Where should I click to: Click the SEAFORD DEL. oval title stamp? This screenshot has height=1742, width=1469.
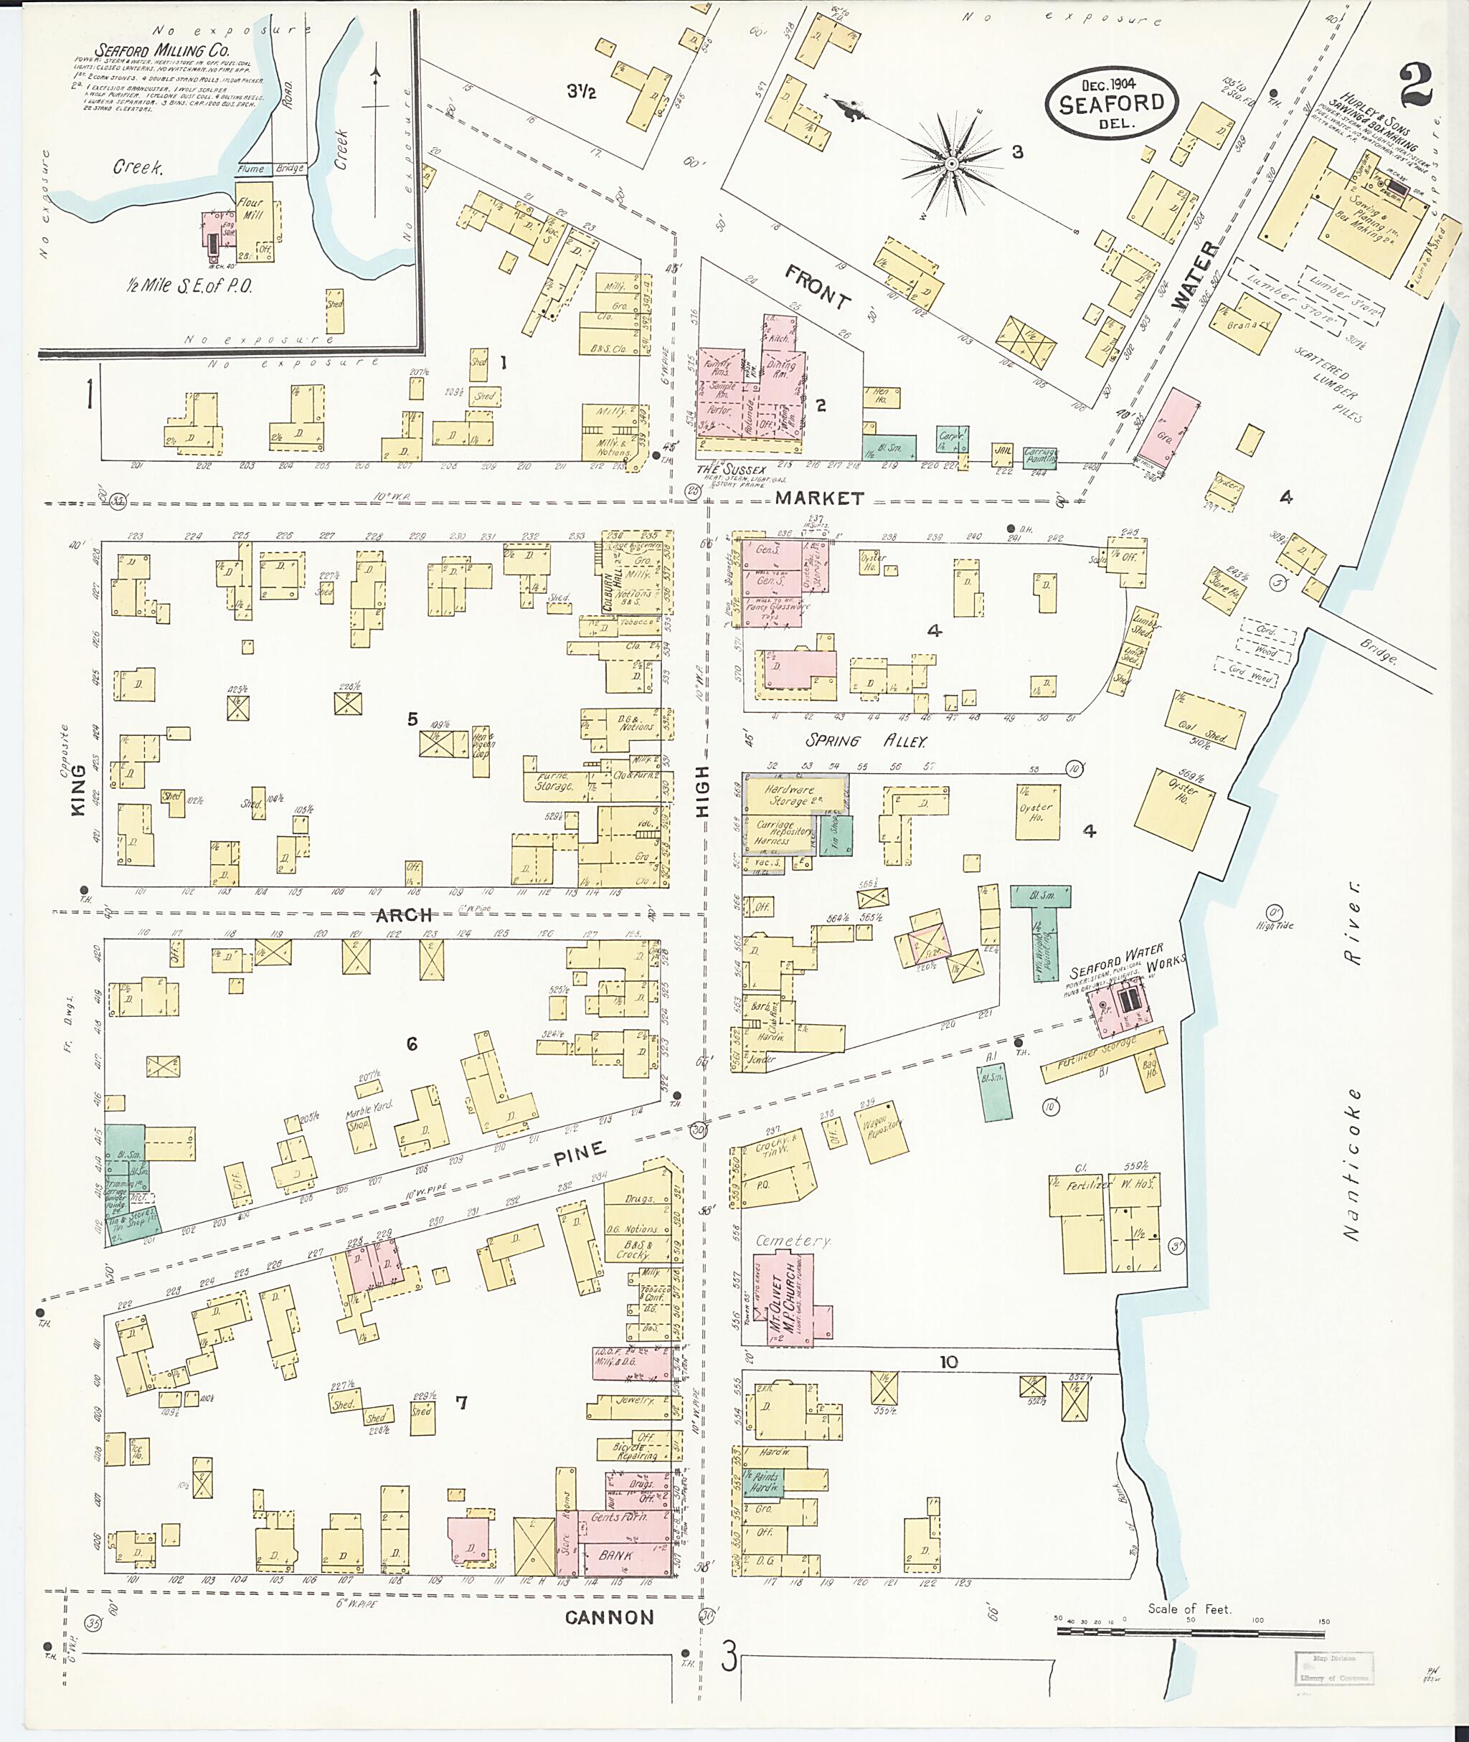point(1111,103)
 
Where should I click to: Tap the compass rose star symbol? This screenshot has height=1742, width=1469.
point(950,164)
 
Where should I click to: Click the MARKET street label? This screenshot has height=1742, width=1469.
point(819,498)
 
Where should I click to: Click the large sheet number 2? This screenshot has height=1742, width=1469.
point(1415,86)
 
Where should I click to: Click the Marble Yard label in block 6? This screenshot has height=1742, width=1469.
point(369,1112)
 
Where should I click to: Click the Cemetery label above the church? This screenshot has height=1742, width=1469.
point(791,1241)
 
